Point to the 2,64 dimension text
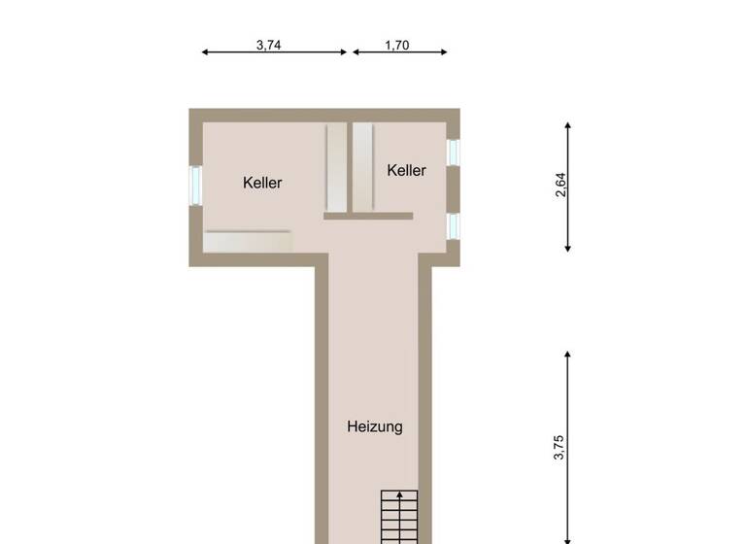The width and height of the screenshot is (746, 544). tap(559, 186)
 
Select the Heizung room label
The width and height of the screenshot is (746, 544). tap(375, 426)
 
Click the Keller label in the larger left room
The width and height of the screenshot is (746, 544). tap(262, 183)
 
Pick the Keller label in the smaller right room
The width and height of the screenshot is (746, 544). tap(406, 171)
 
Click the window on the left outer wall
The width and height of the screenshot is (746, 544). tap(195, 185)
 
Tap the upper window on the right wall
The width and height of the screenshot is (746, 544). tap(452, 153)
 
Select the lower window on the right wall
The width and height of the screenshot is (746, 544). tap(452, 225)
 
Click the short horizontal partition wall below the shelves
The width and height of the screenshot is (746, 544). tap(368, 217)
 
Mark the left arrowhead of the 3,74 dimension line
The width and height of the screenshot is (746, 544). tap(205, 52)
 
